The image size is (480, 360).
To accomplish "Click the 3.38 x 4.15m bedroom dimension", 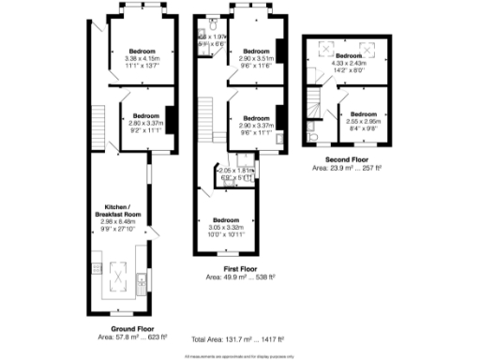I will pos(142,57).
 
